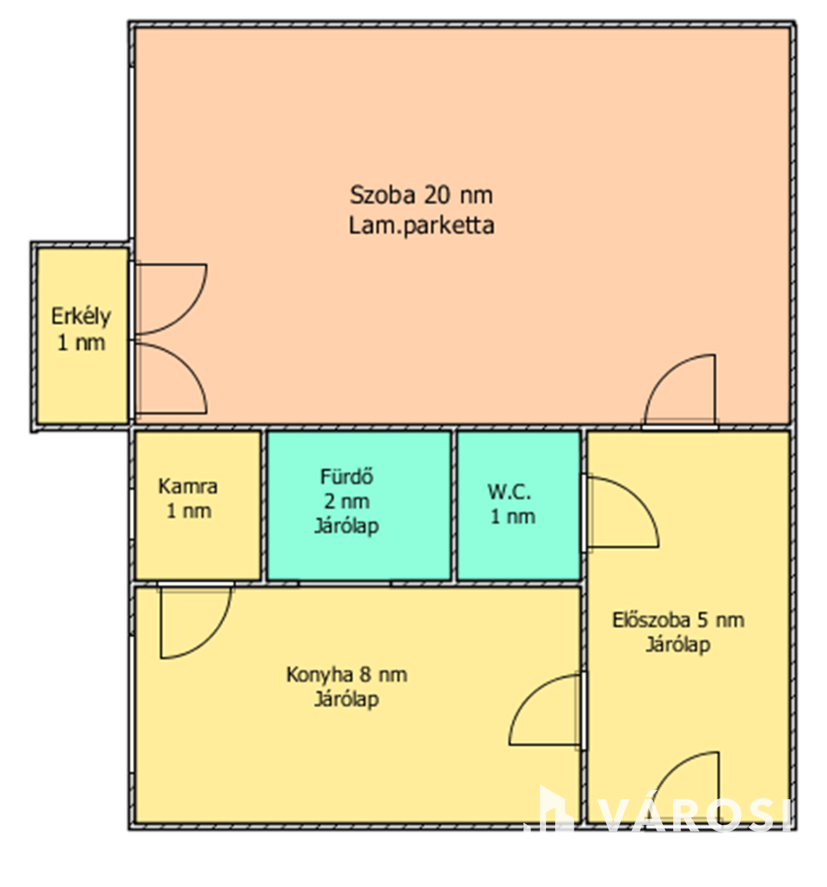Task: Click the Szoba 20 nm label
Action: [x=421, y=195]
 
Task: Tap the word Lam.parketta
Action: [x=421, y=225]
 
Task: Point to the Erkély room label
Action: [x=81, y=317]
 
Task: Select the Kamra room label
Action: [x=187, y=486]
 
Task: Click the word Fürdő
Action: [x=346, y=477]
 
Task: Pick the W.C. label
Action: [x=509, y=492]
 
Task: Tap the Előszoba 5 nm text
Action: [x=678, y=620]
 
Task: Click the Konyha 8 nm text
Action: [x=346, y=674]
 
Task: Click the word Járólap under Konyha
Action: [x=346, y=700]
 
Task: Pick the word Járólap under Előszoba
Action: [x=678, y=645]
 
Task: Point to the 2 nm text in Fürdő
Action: [x=346, y=501]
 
